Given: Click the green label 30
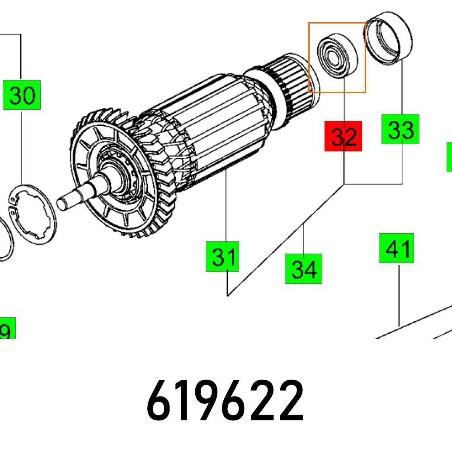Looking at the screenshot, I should [22, 95].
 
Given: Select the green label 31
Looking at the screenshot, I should [222, 257].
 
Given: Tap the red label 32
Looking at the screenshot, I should [344, 136].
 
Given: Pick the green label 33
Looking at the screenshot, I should [400, 129].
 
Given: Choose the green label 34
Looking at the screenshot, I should [303, 269].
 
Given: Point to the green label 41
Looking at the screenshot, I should [396, 248].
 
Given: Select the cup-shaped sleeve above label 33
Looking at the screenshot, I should [389, 38].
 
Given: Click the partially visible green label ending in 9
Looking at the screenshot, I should [6, 329].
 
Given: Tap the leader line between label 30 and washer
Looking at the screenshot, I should [22, 145].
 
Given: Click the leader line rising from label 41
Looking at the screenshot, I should [400, 294].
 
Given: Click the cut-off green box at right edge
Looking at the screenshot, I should [449, 157].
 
